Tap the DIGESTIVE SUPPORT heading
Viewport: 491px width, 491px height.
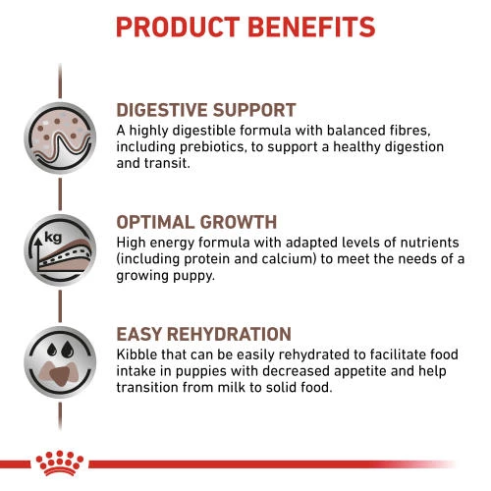tap(206, 110)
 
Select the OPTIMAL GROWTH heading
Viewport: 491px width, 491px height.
tap(196, 222)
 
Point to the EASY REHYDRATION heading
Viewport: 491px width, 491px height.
tap(203, 335)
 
